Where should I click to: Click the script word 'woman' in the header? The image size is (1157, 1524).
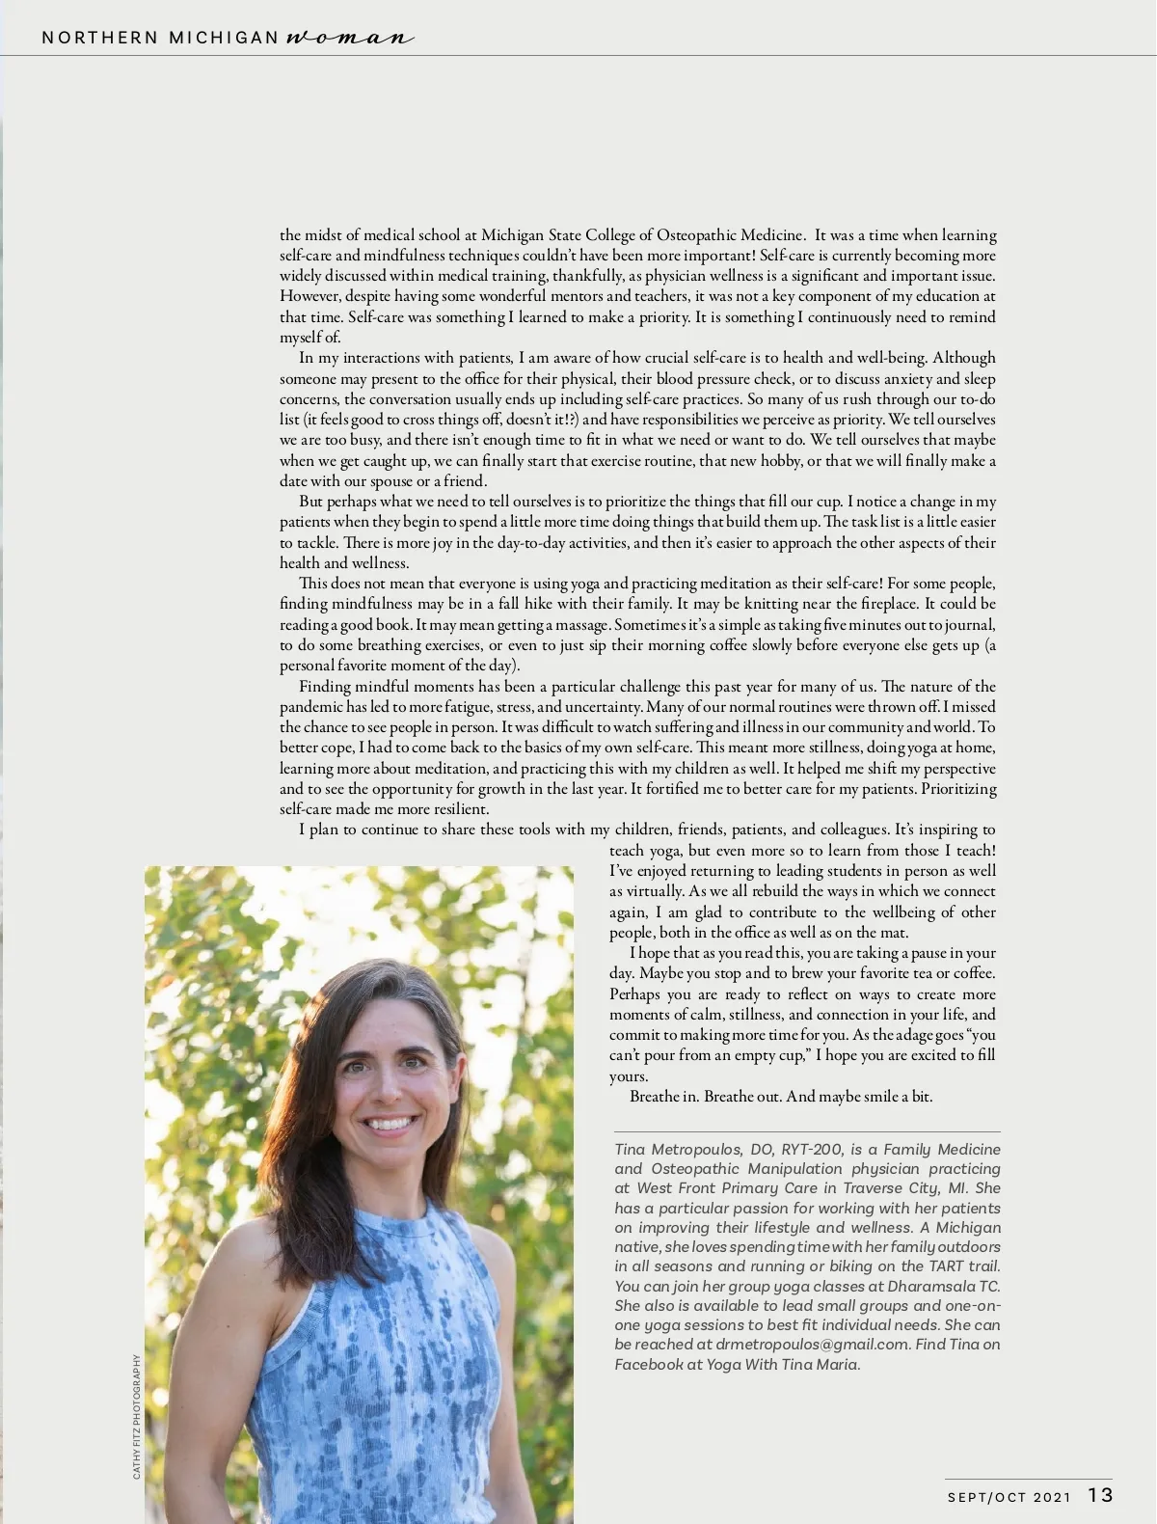pos(350,39)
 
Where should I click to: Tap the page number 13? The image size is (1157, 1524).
pos(1100,1495)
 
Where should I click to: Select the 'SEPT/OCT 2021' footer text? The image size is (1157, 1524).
pos(1009,1497)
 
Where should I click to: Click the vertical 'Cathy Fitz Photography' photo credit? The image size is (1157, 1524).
pos(137,1416)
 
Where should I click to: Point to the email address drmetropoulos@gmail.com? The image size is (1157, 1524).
pos(813,1345)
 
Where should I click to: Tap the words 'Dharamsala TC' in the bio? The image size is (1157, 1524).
pos(944,1287)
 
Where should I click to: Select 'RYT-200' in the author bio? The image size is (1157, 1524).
pos(812,1150)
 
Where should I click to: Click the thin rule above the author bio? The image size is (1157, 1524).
pos(807,1131)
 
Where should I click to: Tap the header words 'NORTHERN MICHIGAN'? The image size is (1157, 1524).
pos(160,39)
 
